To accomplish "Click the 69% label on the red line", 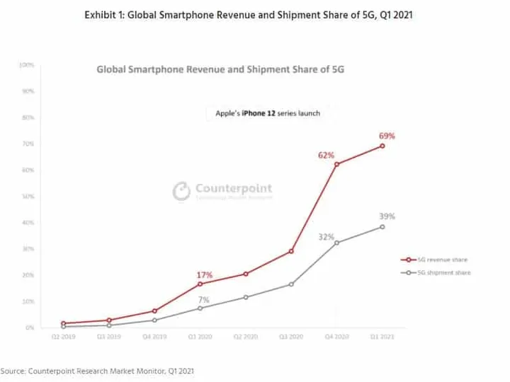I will click(x=387, y=135).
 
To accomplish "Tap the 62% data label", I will click(x=327, y=154).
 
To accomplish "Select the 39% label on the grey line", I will click(x=387, y=216).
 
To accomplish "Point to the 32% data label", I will click(x=327, y=237).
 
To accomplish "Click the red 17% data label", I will click(x=205, y=274).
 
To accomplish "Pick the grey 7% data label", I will click(x=205, y=300).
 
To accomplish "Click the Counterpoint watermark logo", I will click(x=183, y=191).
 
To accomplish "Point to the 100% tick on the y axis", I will click(x=27, y=65).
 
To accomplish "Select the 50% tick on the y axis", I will click(x=28, y=197).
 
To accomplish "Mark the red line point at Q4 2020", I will click(x=336, y=165).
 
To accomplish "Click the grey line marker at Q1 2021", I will click(x=382, y=227).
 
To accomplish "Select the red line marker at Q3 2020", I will click(x=291, y=251).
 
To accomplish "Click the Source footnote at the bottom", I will click(x=97, y=371).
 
